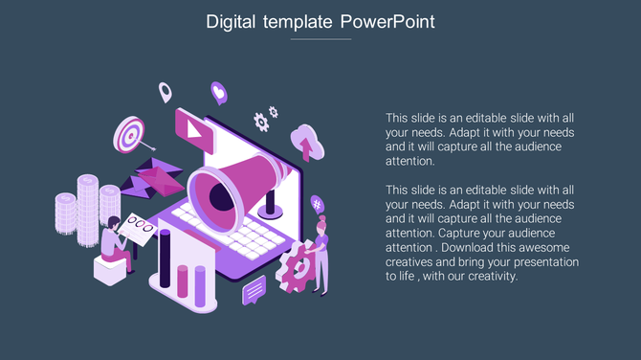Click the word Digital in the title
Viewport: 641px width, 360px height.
[231, 21]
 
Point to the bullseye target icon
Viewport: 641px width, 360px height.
[128, 133]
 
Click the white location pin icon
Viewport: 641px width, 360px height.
[165, 93]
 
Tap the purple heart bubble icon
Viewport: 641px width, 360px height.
[218, 93]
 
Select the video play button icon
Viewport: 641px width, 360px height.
[195, 128]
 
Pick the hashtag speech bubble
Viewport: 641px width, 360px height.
[317, 203]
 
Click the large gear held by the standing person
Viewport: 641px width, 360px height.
[301, 261]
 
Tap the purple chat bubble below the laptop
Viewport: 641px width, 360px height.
[254, 288]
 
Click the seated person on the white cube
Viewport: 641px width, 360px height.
[115, 244]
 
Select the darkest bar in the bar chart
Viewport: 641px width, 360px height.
[165, 260]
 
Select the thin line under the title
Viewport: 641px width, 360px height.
[320, 39]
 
